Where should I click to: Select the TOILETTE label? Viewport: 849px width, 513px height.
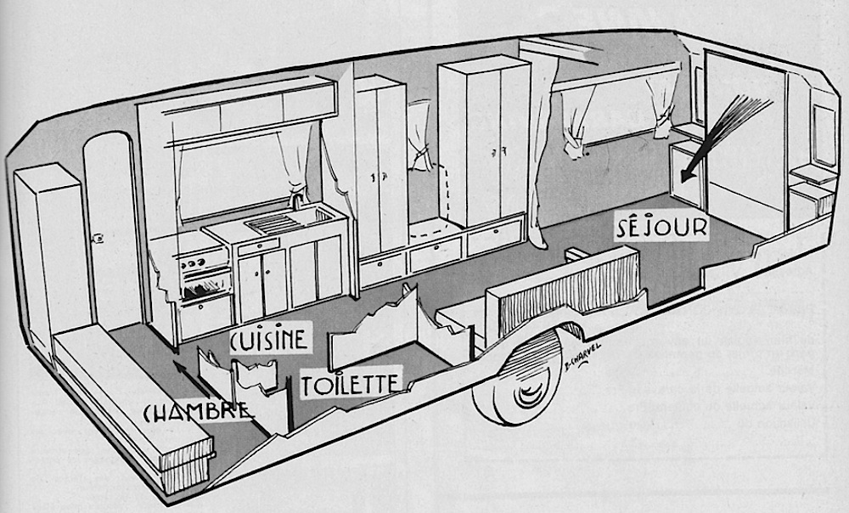tap(349, 384)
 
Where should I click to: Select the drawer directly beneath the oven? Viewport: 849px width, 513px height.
tap(205, 315)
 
